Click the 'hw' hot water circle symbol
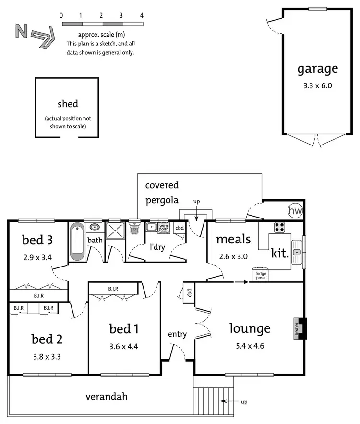[294, 210]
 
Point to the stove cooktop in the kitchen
[280, 226]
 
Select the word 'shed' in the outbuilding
[68, 104]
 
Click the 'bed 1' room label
[124, 329]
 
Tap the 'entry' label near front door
[177, 334]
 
